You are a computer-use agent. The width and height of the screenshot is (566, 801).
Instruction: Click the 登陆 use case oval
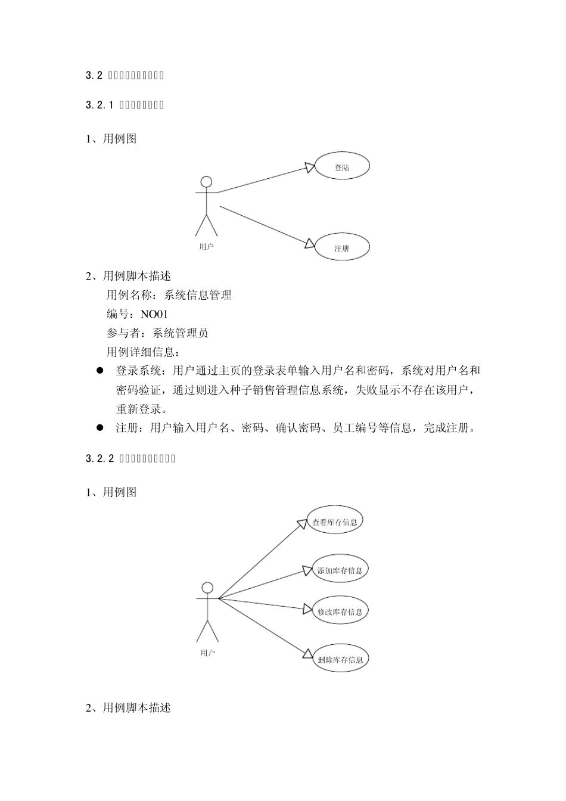pyautogui.click(x=342, y=167)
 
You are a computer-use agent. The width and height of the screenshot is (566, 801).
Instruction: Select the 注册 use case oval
pyautogui.click(x=342, y=247)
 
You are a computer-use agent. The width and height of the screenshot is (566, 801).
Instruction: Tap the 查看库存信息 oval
pyautogui.click(x=335, y=521)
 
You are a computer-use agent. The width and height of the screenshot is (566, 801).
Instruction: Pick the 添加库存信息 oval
pyautogui.click(x=340, y=570)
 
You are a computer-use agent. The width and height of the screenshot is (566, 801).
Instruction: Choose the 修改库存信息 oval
pyautogui.click(x=340, y=611)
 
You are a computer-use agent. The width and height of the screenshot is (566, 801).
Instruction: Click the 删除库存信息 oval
pyautogui.click(x=340, y=659)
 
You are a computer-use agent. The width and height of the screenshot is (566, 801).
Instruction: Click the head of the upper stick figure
pyautogui.click(x=206, y=181)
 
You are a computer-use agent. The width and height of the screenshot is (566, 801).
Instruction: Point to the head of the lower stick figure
pyautogui.click(x=207, y=588)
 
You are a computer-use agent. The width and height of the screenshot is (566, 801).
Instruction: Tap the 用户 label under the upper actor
pyautogui.click(x=206, y=246)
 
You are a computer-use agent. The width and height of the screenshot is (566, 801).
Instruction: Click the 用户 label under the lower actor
pyautogui.click(x=207, y=653)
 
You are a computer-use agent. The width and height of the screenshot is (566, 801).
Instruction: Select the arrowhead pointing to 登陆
pyautogui.click(x=309, y=167)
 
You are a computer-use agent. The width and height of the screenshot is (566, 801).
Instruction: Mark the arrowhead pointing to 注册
pyautogui.click(x=309, y=243)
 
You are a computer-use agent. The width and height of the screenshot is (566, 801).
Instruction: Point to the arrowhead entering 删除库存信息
pyautogui.click(x=307, y=655)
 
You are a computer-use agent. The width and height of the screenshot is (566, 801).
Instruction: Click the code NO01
pyautogui.click(x=154, y=314)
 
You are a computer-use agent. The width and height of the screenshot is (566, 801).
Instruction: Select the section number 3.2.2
pyautogui.click(x=99, y=458)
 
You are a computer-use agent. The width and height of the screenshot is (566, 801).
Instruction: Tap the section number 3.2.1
pyautogui.click(x=99, y=105)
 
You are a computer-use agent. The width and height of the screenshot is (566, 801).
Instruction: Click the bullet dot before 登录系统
pyautogui.click(x=100, y=371)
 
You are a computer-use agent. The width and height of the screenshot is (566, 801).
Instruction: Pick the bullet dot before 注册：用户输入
pyautogui.click(x=100, y=428)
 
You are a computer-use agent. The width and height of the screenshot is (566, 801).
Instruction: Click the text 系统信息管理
pyautogui.click(x=198, y=295)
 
